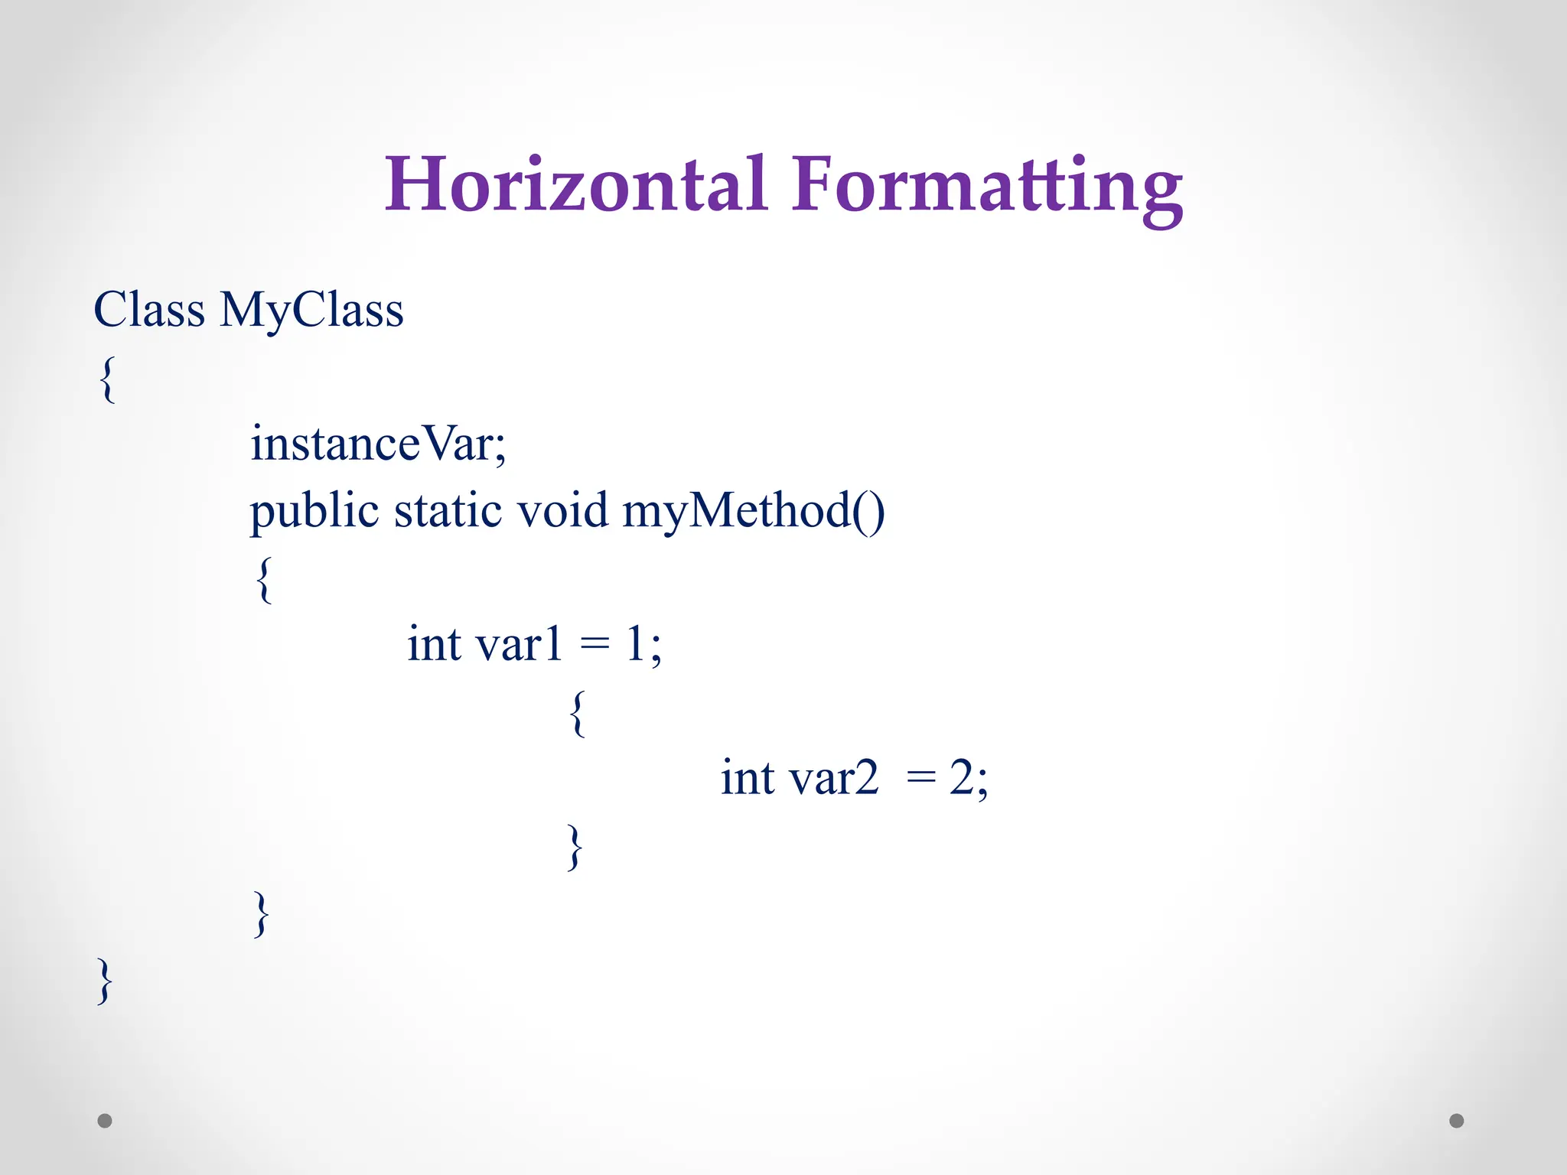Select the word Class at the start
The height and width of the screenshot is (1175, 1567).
(x=149, y=311)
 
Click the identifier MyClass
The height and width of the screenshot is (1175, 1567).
(x=311, y=311)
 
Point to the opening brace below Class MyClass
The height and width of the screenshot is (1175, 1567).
(x=108, y=379)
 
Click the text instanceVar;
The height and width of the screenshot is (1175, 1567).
(x=378, y=444)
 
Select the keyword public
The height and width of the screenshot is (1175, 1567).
(x=314, y=511)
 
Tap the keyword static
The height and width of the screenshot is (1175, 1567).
(x=448, y=511)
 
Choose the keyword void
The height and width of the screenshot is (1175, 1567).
(x=562, y=511)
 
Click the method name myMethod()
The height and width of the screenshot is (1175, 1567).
(x=754, y=511)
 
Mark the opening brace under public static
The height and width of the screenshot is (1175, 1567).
(x=264, y=579)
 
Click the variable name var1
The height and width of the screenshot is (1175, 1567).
(x=519, y=644)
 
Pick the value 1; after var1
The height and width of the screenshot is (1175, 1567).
(x=643, y=644)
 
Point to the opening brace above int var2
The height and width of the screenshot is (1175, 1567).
(x=578, y=712)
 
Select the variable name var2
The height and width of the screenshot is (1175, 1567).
(x=833, y=779)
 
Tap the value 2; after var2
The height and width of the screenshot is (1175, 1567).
(x=969, y=779)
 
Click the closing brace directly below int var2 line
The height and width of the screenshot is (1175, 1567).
(x=575, y=847)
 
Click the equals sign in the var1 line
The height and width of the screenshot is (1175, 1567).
(x=595, y=644)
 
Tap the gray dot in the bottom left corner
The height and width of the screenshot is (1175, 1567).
(x=105, y=1121)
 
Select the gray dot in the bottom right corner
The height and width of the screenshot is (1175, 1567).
(x=1457, y=1121)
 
